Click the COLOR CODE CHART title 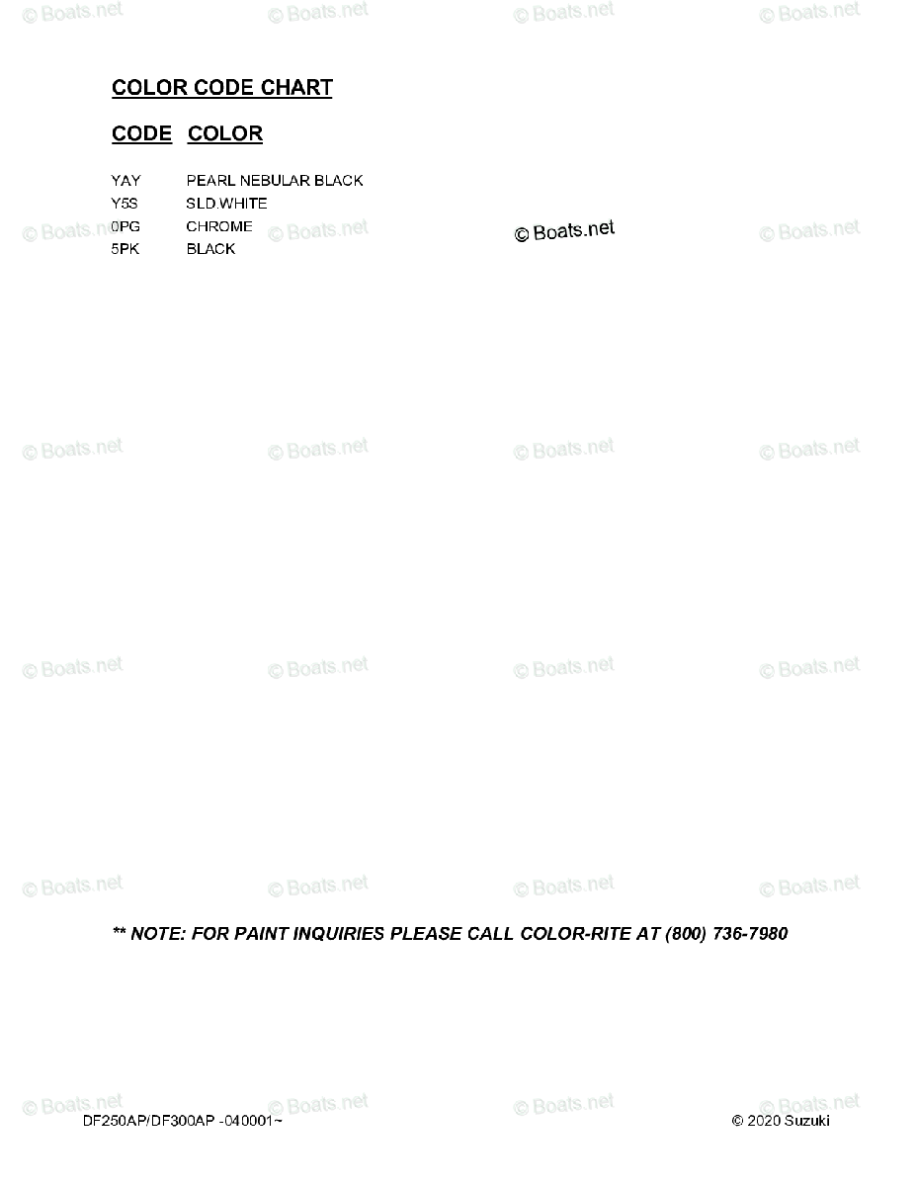pos(221,87)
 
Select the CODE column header pos(141,133)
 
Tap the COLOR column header pos(225,133)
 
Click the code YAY pos(125,181)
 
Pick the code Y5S pos(125,204)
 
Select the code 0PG pos(125,226)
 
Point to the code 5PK pos(125,249)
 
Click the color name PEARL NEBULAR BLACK pos(274,181)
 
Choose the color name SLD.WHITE pos(226,204)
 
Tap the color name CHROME pos(218,226)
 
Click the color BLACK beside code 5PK pos(210,249)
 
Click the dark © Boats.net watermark pos(564,231)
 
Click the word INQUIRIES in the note pos(339,934)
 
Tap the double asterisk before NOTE pos(119,932)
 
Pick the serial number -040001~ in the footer pos(250,1121)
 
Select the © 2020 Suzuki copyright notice pos(781,1121)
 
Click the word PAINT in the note pos(261,934)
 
